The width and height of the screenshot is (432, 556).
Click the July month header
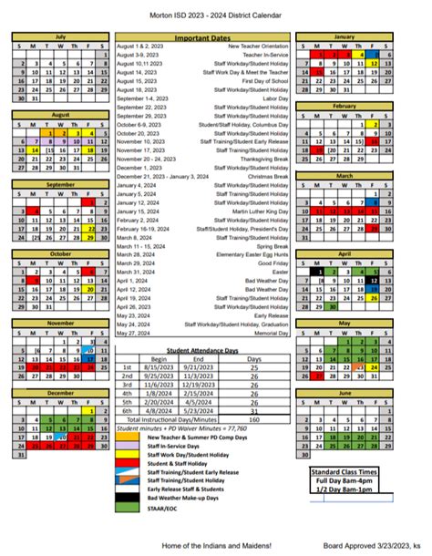[x=60, y=36]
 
